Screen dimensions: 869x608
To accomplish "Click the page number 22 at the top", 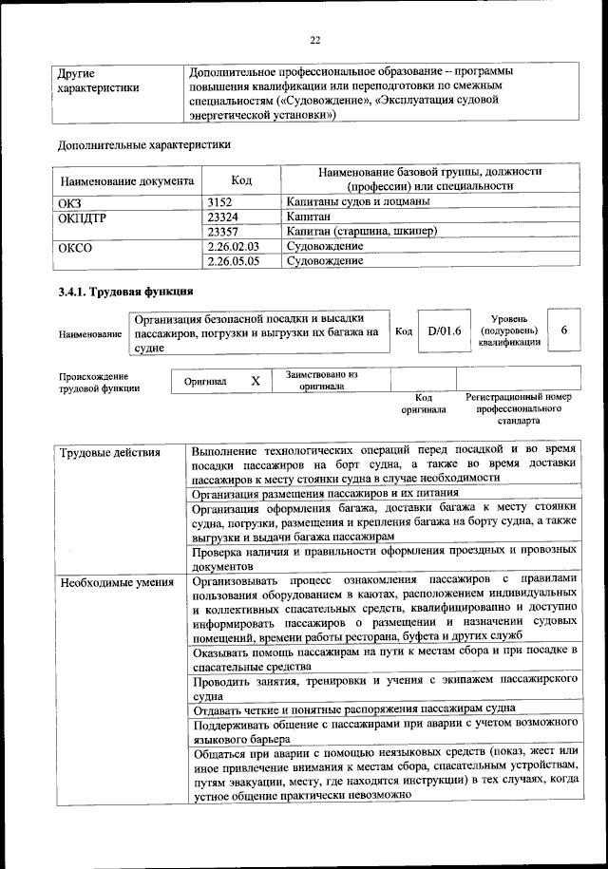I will pos(315,39).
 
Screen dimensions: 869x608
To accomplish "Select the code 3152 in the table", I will pos(219,202).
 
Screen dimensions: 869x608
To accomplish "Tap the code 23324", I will pos(221,217).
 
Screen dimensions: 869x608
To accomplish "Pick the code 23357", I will pos(221,231).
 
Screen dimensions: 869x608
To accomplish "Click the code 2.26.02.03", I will pos(233,245).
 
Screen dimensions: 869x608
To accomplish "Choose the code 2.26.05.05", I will pos(233,259).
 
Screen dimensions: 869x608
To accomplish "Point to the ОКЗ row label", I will pos(70,202).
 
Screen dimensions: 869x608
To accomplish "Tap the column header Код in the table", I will pos(241,180).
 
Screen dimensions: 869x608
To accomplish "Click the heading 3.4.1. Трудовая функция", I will pos(125,292).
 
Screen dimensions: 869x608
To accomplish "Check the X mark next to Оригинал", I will pos(255,381).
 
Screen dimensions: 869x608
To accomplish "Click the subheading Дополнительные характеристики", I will pos(143,145).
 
